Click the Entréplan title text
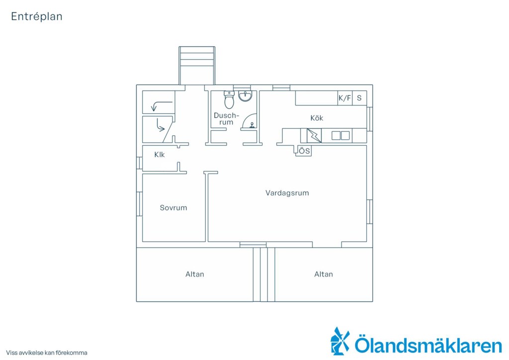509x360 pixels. pos(37,16)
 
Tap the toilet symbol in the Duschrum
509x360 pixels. pos(229,99)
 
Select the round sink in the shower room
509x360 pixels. pos(245,96)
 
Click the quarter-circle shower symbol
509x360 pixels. pos(250,121)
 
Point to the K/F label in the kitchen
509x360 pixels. pos(345,98)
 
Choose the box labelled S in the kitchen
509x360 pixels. pos(359,98)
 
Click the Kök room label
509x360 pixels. pos(317,118)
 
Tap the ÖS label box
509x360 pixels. pos(304,151)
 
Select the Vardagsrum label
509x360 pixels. pos(287,193)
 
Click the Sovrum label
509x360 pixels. pos(173,208)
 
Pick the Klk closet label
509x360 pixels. pos(160,155)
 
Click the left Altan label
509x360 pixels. pos(195,274)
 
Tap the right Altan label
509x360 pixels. pos(324,274)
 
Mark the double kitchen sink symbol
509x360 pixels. pos(340,135)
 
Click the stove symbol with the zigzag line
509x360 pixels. pos(314,136)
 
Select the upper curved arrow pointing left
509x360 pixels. pos(162,106)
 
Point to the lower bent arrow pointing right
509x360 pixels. pos(161,125)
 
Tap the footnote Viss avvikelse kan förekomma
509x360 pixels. pos(47,353)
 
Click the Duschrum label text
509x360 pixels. pos(226,119)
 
